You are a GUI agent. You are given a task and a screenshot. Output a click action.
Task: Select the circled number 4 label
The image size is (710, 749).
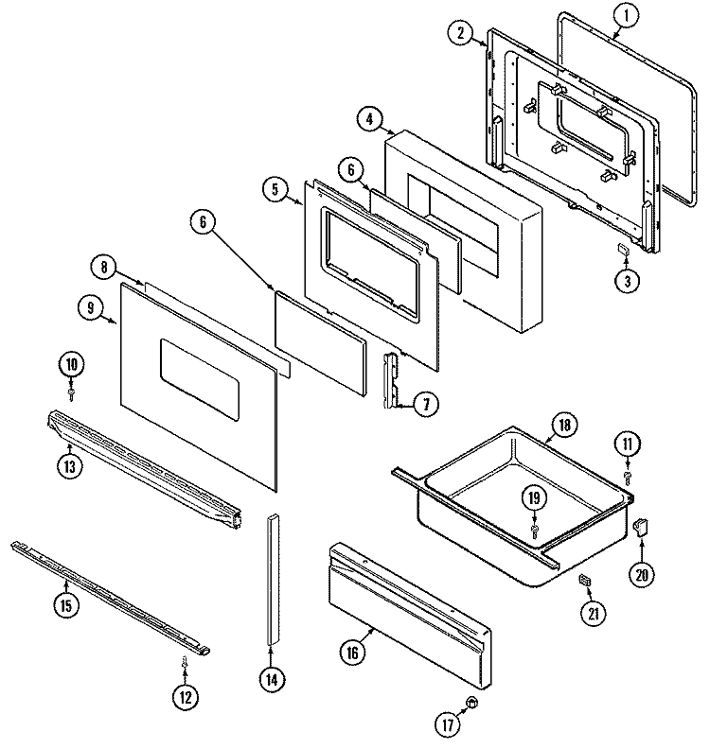[x=370, y=119]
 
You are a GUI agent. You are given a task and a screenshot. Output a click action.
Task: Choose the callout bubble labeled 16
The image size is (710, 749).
[x=352, y=651]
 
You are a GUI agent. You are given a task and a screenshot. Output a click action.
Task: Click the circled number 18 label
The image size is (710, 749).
[x=564, y=426]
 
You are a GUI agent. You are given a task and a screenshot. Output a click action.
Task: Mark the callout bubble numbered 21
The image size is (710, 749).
[x=595, y=614]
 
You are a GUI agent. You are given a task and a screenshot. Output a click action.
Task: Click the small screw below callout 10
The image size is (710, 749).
[x=72, y=390]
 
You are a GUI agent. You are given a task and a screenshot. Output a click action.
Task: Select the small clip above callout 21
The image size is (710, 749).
[x=584, y=579]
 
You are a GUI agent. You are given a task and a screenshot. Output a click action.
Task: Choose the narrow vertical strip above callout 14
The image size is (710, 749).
[x=273, y=581]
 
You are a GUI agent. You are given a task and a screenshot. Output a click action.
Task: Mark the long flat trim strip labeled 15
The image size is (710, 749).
[x=109, y=596]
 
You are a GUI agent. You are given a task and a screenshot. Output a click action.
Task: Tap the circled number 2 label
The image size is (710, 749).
[x=459, y=33]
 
